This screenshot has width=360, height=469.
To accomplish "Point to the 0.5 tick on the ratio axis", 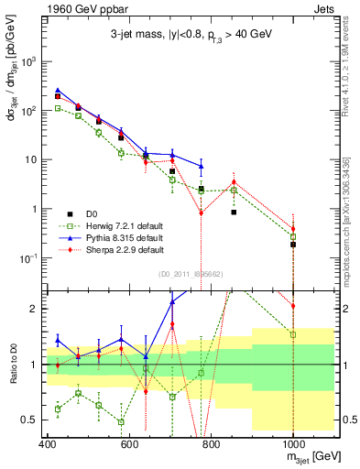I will pos(33,420).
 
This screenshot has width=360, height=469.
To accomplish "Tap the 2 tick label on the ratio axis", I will pos(37,309).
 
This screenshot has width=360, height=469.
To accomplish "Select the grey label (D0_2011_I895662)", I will pos(190,273).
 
